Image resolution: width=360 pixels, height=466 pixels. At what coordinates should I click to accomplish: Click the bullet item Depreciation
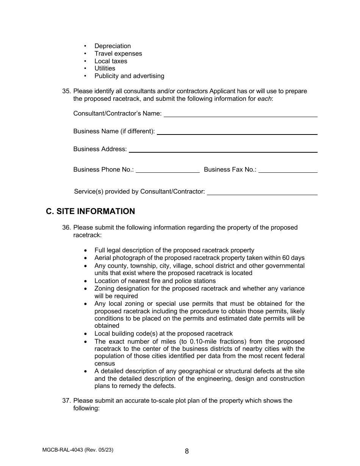pos(113,46)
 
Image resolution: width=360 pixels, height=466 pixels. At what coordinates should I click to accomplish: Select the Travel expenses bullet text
pos(118,54)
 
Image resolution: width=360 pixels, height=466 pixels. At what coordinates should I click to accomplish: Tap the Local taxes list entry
pos(111,61)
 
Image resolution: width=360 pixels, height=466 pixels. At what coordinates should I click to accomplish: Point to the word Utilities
pos(105,69)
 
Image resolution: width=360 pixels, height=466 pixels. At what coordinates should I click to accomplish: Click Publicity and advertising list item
pos(129,76)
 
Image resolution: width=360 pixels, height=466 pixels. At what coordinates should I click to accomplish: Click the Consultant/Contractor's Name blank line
pos(240,114)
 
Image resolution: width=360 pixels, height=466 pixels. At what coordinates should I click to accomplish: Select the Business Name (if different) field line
pos(237,132)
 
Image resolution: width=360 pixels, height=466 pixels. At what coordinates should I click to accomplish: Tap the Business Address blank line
pos(223,150)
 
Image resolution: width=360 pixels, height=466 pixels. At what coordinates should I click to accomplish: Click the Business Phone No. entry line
pos(167,170)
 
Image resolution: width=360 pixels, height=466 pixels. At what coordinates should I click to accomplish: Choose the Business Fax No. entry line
pos(288,170)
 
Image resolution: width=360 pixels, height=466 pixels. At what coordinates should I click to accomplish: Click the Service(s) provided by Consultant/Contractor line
pos(262,192)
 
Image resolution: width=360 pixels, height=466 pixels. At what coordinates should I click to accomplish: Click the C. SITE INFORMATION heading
pos(90,211)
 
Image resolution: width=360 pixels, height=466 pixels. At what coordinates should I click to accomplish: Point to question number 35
pos(66,91)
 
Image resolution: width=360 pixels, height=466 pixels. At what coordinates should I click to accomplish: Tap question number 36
pos(66,228)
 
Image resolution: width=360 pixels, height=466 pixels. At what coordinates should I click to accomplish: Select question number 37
pos(66,401)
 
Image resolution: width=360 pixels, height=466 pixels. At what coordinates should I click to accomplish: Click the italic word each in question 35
pos(265,99)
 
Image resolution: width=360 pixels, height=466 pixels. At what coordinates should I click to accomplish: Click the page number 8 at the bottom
pos(187,451)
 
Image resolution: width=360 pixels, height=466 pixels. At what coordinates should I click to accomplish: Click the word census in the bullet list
pos(105,364)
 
